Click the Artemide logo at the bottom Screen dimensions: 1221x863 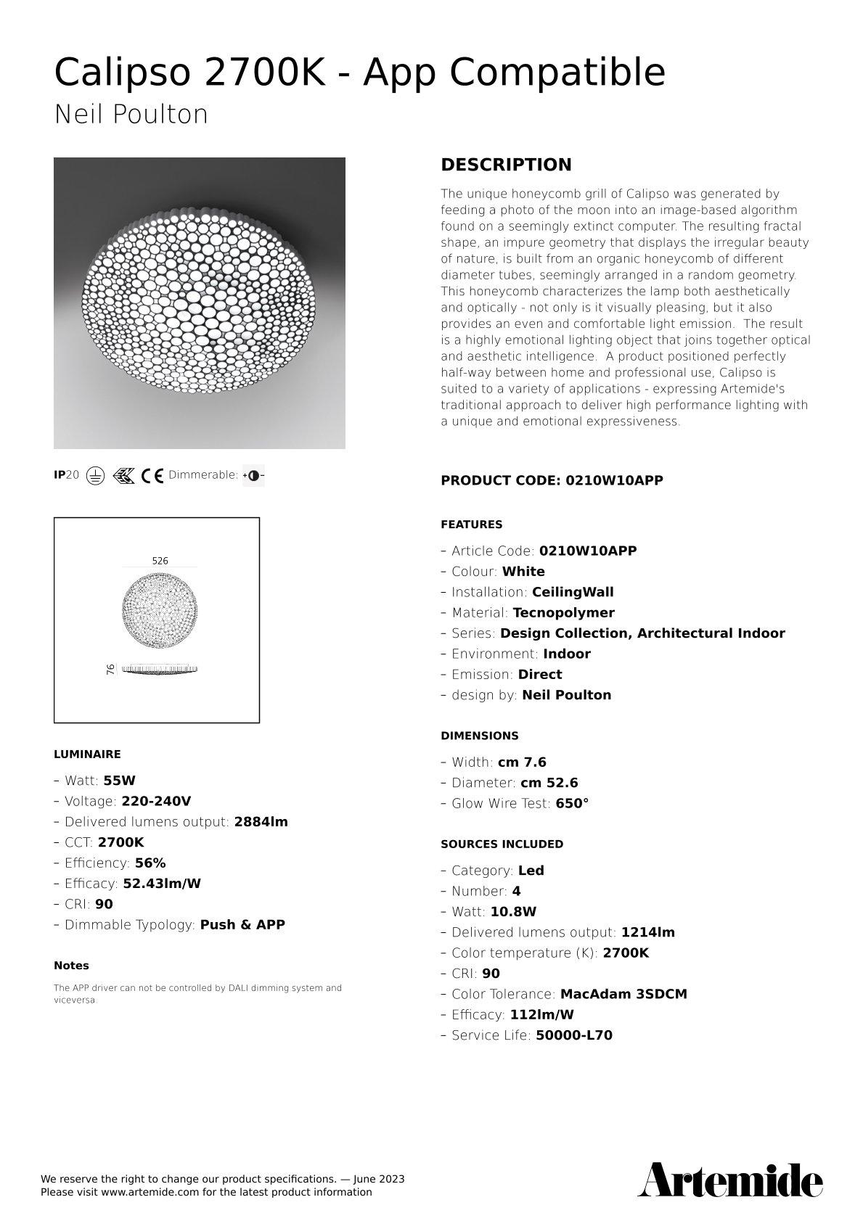click(729, 1180)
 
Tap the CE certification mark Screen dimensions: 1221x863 click(152, 476)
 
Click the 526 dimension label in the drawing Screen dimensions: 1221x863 click(160, 561)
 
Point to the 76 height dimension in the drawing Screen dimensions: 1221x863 click(111, 669)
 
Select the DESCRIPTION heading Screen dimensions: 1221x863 click(506, 165)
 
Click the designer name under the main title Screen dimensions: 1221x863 click(131, 115)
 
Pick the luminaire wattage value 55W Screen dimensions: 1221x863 click(120, 781)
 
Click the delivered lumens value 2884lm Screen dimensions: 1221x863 click(261, 822)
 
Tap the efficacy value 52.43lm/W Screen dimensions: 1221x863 click(162, 884)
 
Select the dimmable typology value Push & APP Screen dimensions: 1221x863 click(242, 925)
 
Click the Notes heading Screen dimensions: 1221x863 click(71, 966)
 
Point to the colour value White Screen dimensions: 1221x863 click(523, 572)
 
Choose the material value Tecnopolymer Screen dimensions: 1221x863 click(563, 613)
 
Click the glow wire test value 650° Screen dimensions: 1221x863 click(572, 803)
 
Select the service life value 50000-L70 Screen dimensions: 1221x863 click(573, 1035)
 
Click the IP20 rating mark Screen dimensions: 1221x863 click(67, 475)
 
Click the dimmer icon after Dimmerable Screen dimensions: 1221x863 click(253, 476)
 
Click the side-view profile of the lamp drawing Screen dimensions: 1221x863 click(160, 669)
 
